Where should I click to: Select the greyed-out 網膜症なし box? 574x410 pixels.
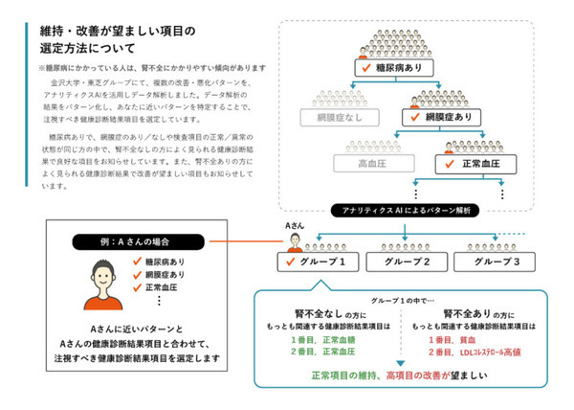pos(334,117)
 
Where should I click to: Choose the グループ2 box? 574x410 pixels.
pos(408,261)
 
